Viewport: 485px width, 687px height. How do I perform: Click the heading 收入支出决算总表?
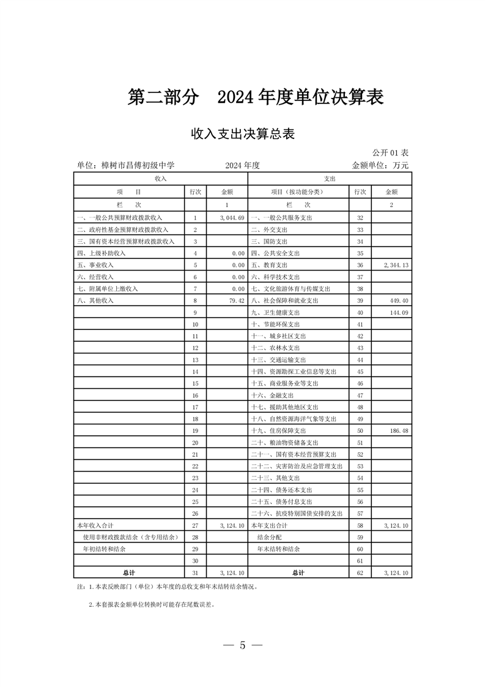(x=242, y=133)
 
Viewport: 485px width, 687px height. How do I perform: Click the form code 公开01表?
(x=390, y=152)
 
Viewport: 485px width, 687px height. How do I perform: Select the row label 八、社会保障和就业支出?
(x=285, y=301)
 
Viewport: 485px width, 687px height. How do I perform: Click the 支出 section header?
(x=329, y=178)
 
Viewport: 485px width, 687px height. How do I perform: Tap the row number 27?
(x=195, y=525)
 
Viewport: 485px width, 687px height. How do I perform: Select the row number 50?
(x=360, y=431)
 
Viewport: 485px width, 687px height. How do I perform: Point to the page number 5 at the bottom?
(x=242, y=645)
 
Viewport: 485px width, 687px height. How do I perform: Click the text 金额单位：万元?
(x=380, y=165)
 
